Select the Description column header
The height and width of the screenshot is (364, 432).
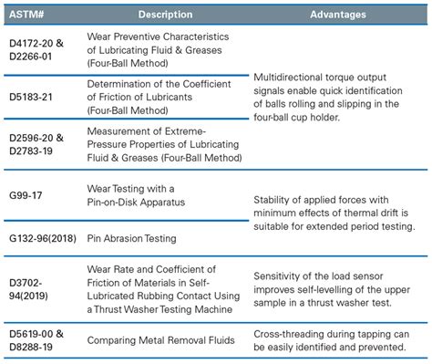(165, 15)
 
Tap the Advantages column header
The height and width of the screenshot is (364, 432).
(337, 15)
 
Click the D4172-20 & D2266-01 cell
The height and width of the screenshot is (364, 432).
(36, 48)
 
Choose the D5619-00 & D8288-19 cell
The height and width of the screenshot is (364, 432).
(36, 340)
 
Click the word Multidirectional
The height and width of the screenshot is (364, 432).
(289, 79)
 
